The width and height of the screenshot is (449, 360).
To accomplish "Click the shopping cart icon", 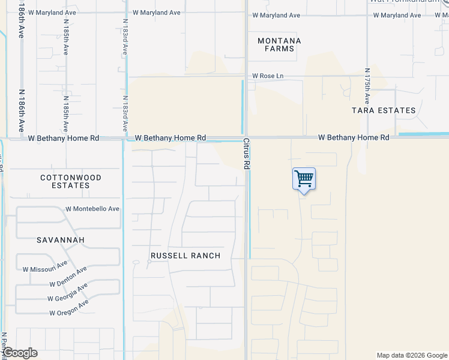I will coord(304,178).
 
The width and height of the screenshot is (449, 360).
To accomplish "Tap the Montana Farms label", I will coord(279,45).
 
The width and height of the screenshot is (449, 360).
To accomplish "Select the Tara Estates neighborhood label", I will coord(384,110).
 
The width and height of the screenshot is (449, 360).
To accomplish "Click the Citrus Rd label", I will coord(246,154).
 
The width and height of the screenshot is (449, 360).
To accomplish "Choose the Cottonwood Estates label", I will coord(71,181).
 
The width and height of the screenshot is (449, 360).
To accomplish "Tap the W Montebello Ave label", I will coord(92,209).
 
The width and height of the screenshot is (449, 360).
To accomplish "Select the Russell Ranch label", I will coord(185,256).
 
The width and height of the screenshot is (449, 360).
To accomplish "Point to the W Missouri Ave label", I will coord(45,266).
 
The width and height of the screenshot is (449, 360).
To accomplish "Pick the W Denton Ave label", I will coord(68,278).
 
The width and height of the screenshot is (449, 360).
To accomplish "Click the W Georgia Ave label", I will coord(68,293).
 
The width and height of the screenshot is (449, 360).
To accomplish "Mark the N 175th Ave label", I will coord(368,83).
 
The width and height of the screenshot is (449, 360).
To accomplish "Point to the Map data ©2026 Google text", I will coord(411,355).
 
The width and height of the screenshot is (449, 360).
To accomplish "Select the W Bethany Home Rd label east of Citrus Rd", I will coord(354,137).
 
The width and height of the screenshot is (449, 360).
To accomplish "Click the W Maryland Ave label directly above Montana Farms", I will coord(276,15).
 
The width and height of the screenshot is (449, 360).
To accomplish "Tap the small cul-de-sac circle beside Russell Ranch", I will coord(149,262).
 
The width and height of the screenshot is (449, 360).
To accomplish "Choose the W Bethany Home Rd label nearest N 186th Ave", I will coord(63,138).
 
